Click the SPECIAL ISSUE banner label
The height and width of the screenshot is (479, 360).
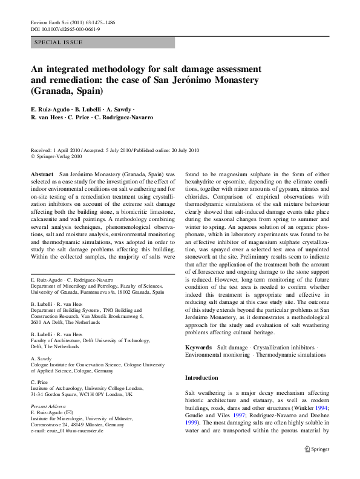pyautogui.click(x=59, y=42)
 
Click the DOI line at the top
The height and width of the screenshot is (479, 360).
pyautogui.click(x=62, y=28)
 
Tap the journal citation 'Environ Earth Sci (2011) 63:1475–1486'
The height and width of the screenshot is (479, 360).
pyautogui.click(x=71, y=22)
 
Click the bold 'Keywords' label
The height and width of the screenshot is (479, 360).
pyautogui.click(x=198, y=347)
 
